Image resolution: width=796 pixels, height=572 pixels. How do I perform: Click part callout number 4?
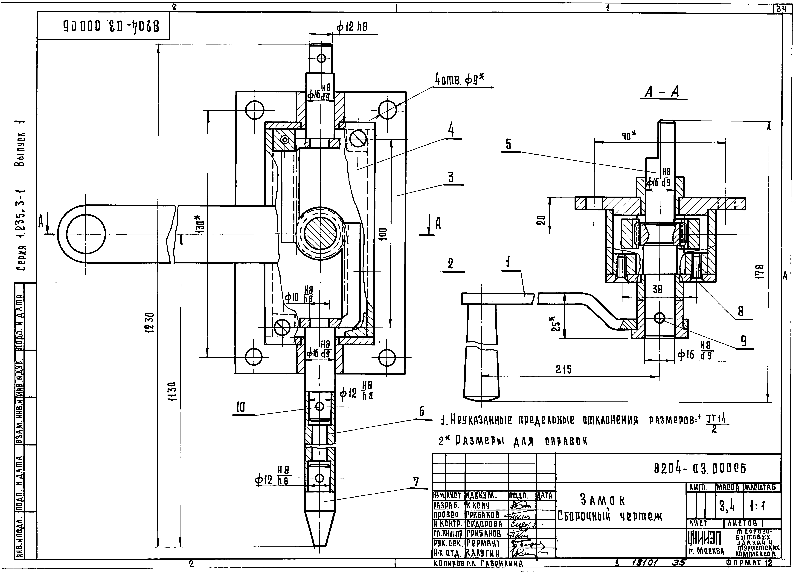coord(451,131)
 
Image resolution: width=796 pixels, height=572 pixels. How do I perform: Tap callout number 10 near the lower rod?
coord(241,407)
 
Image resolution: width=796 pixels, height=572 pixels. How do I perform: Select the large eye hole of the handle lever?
coord(86,234)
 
